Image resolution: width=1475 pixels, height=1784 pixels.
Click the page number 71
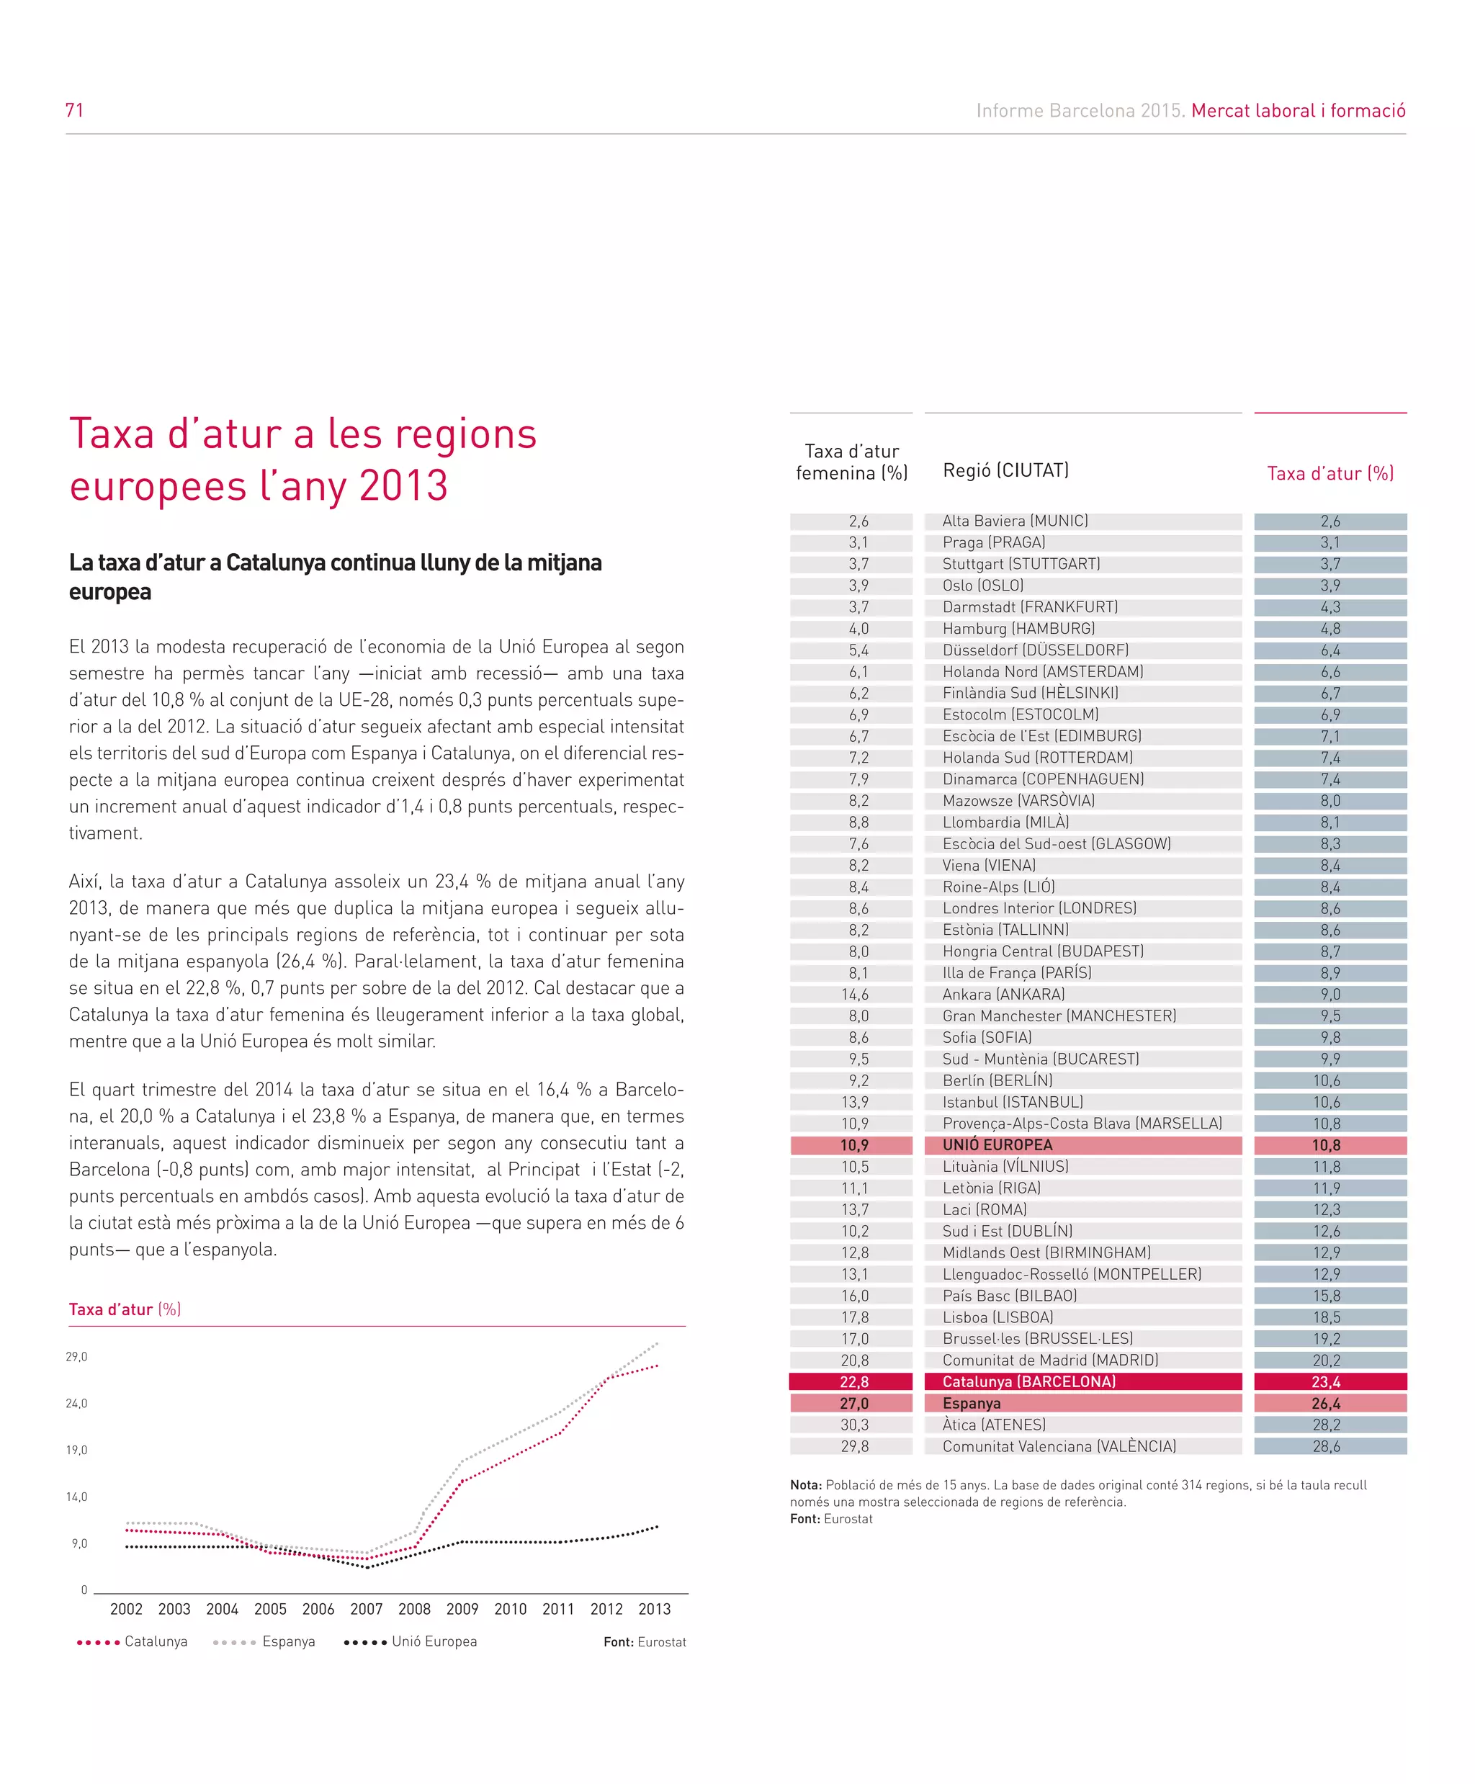(x=75, y=109)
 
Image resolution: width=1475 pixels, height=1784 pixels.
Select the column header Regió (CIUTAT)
(x=1005, y=470)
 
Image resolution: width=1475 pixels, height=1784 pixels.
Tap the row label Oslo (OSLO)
(x=982, y=586)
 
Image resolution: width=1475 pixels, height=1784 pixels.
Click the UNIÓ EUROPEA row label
(x=997, y=1145)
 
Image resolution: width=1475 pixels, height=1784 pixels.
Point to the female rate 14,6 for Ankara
(x=855, y=995)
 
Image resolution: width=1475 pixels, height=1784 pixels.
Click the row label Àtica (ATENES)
(x=993, y=1425)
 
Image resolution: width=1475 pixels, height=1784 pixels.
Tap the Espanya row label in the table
(x=971, y=1404)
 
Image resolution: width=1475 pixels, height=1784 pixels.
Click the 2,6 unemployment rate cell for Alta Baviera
(x=1330, y=521)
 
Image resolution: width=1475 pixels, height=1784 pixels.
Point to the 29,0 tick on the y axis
(x=76, y=1357)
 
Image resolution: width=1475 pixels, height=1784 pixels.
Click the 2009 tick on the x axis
(x=462, y=1609)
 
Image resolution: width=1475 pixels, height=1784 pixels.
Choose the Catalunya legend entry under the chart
(x=156, y=1641)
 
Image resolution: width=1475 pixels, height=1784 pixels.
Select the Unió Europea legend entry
(x=434, y=1641)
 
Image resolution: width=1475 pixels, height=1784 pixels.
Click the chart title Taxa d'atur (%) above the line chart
(x=125, y=1309)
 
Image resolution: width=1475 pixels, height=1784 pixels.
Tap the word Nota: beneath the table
(x=805, y=1485)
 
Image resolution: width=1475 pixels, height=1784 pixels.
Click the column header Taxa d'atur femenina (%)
(x=851, y=462)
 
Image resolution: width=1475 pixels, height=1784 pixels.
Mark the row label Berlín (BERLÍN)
(x=997, y=1080)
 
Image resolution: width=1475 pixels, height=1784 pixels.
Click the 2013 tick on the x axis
(x=654, y=1609)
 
